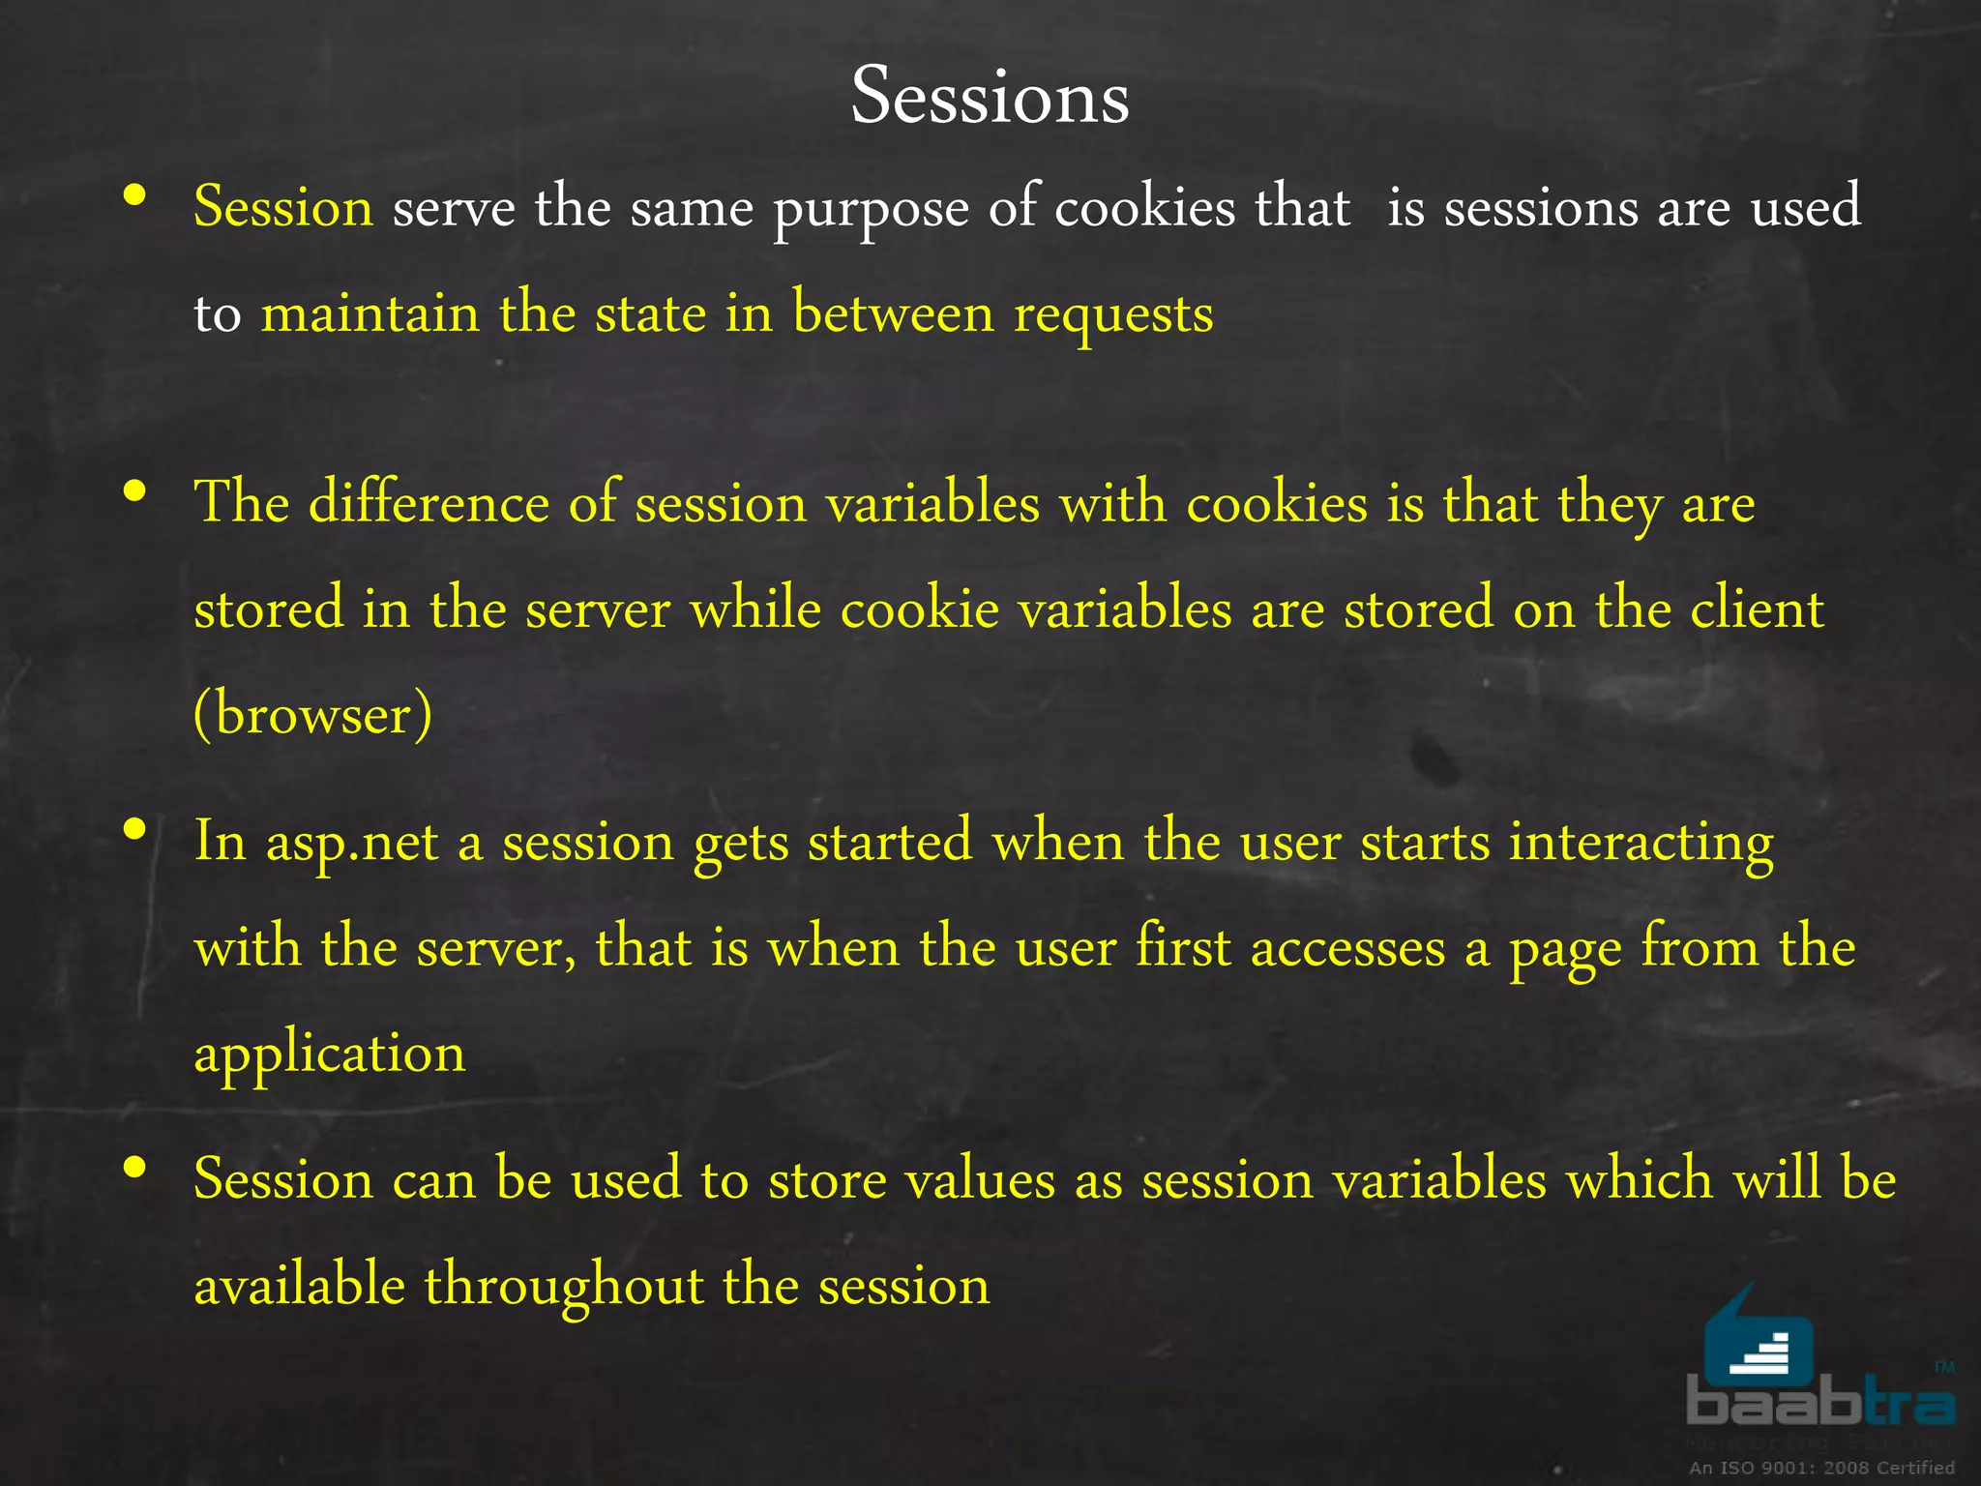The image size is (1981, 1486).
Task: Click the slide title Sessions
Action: (x=990, y=97)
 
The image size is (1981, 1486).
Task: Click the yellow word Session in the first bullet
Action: (x=282, y=207)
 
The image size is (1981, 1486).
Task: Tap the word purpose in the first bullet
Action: (x=871, y=209)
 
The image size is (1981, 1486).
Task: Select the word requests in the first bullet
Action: (x=1113, y=315)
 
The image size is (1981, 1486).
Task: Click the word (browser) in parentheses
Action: (x=312, y=715)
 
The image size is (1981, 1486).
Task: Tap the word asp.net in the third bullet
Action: (x=352, y=843)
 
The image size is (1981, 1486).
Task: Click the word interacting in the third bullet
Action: (x=1641, y=843)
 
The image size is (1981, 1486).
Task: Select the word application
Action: (x=329, y=1055)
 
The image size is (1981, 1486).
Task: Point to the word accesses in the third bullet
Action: (x=1347, y=947)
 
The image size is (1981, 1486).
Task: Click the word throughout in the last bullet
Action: (x=564, y=1287)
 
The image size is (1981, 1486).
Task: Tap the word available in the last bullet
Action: (x=299, y=1286)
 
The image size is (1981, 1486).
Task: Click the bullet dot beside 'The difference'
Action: (x=135, y=491)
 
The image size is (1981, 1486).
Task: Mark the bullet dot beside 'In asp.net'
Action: (x=135, y=829)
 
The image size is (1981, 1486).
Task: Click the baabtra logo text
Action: (x=1820, y=1404)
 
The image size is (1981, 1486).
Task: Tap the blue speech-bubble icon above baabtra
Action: (x=1757, y=1340)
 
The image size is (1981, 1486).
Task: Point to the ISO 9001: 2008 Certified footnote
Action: (x=1821, y=1468)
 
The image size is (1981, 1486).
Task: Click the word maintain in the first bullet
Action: (x=370, y=315)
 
